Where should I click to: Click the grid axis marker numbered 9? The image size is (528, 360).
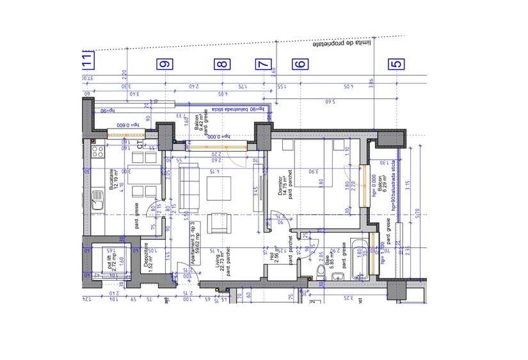point(166,64)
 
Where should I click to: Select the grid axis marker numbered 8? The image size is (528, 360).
point(221,64)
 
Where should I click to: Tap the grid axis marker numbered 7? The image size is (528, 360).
point(263,64)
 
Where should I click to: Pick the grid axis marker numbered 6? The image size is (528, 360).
point(300,64)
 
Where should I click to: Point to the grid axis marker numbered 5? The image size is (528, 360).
point(397,64)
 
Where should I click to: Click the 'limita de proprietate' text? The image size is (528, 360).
point(342,44)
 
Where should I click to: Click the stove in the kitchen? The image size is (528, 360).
point(99,152)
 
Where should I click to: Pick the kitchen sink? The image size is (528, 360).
point(98,201)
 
